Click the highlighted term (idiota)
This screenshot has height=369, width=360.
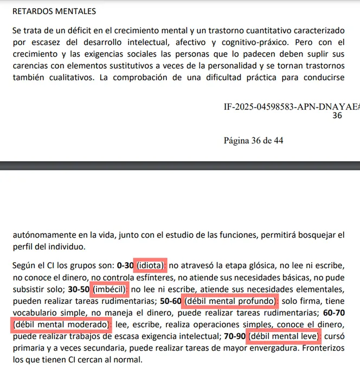tap(150, 265)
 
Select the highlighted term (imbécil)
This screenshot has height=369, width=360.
tap(111, 289)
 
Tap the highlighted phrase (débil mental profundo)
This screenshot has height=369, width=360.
tap(231, 301)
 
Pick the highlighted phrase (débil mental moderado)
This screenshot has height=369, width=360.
tap(60, 325)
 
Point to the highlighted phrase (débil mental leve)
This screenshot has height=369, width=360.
tap(284, 336)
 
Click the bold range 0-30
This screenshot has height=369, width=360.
tap(125, 265)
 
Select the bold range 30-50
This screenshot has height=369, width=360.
tap(79, 289)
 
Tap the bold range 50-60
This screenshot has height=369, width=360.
tap(171, 301)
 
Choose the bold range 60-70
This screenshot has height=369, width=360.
tap(332, 313)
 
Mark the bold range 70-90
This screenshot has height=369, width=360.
tap(234, 336)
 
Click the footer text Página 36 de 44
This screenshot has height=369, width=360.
tap(253, 141)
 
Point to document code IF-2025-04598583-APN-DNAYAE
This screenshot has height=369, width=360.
tap(290, 106)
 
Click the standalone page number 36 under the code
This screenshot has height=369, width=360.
tap(337, 116)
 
